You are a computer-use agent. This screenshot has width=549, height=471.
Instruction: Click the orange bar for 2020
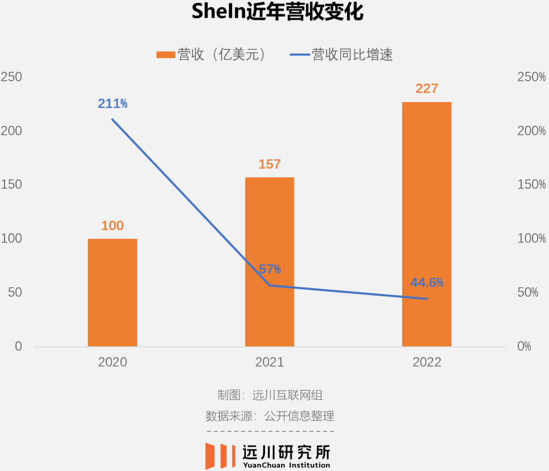(112, 293)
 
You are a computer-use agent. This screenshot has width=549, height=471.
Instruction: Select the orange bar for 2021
(269, 262)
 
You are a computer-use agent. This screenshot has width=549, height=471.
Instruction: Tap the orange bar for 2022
(426, 224)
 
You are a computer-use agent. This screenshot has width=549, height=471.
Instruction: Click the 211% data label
(113, 104)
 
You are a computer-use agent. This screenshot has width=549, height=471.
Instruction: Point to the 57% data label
(270, 269)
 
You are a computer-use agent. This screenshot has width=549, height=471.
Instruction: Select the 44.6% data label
(427, 282)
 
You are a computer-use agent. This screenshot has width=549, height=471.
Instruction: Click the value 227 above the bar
(426, 88)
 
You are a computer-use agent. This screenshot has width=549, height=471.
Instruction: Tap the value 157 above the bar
(269, 164)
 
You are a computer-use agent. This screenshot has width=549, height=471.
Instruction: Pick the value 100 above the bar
(112, 226)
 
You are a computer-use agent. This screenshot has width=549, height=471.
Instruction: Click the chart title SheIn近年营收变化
(278, 12)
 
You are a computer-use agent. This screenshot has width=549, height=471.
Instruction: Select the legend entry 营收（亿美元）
(211, 55)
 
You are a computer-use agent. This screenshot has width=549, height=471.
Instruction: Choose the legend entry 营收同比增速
(342, 55)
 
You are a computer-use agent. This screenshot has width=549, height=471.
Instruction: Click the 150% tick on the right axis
(531, 185)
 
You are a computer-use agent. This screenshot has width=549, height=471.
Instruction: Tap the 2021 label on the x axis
(269, 362)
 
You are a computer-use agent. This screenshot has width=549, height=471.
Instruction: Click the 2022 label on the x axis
(426, 362)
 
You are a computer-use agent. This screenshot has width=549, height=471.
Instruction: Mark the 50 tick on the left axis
(15, 293)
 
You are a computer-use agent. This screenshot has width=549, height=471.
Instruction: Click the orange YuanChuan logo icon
(220, 456)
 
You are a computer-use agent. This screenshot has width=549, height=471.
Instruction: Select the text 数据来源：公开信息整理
(270, 416)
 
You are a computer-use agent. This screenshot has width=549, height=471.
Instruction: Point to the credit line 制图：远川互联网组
(270, 395)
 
